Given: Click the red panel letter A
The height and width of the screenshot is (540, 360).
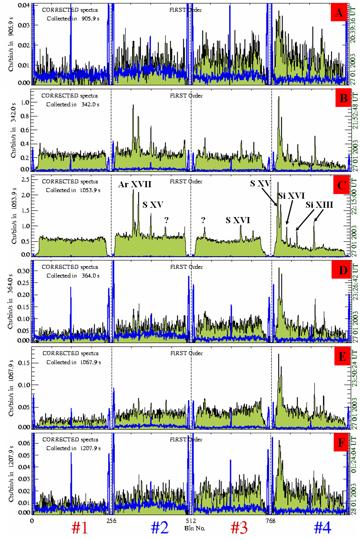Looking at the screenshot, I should pyautogui.click(x=339, y=13).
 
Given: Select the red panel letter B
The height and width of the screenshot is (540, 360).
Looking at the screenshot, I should pyautogui.click(x=343, y=98).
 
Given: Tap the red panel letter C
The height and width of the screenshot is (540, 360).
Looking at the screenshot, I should pyautogui.click(x=342, y=185).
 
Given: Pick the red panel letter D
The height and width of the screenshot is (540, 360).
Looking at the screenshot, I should pyautogui.click(x=343, y=270).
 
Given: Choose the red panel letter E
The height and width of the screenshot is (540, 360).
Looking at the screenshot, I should pyautogui.click(x=342, y=356).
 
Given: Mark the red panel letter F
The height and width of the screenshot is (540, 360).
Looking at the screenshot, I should pyautogui.click(x=341, y=442).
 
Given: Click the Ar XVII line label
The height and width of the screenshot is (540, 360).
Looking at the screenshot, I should pyautogui.click(x=135, y=184).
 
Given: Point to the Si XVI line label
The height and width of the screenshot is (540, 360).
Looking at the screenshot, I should pyautogui.click(x=292, y=195).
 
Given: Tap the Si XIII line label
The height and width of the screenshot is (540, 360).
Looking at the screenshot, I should pyautogui.click(x=319, y=205).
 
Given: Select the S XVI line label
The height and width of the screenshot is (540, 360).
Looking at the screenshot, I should pyautogui.click(x=238, y=220).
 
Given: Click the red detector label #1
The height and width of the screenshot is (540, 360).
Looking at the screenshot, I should pyautogui.click(x=80, y=527).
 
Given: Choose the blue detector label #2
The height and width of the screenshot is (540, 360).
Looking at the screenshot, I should pyautogui.click(x=159, y=527).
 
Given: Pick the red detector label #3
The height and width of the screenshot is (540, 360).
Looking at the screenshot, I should pyautogui.click(x=239, y=527).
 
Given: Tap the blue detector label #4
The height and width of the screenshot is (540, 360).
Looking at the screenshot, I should pyautogui.click(x=322, y=527).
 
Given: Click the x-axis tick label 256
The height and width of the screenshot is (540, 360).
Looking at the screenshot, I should pyautogui.click(x=111, y=521).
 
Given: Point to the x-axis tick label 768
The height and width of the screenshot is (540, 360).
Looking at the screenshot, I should pyautogui.click(x=270, y=521).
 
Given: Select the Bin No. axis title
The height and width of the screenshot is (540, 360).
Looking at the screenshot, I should pyautogui.click(x=195, y=528).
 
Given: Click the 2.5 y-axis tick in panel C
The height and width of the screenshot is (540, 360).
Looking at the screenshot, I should pyautogui.click(x=26, y=179).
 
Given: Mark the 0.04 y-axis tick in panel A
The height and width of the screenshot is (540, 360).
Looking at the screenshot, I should pyautogui.click(x=24, y=5).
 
